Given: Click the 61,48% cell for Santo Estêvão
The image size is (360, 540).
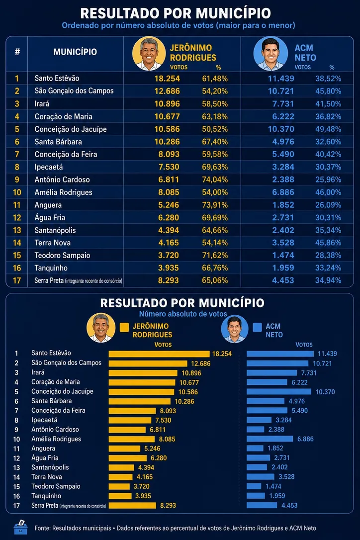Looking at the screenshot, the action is pyautogui.click(x=215, y=79).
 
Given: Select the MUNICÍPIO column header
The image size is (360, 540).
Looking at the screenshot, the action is pyautogui.click(x=75, y=52).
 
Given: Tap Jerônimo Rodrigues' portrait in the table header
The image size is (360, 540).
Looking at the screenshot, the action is pyautogui.click(x=149, y=54).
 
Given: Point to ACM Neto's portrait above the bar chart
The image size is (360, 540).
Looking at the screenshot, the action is pyautogui.click(x=235, y=329).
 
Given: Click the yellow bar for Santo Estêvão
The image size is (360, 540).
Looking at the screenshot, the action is pyautogui.click(x=159, y=354).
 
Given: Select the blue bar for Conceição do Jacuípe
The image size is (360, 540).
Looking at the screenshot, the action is pyautogui.click(x=279, y=391).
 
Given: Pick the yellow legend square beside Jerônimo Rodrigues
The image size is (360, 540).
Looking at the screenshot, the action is pyautogui.click(x=124, y=327).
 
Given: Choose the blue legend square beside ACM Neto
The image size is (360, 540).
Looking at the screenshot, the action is pyautogui.click(x=258, y=327).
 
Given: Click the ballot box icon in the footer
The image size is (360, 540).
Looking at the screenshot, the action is pyautogui.click(x=21, y=527).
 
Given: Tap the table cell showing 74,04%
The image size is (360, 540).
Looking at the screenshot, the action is pyautogui.click(x=215, y=180).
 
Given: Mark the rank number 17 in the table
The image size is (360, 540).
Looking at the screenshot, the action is pyautogui.click(x=17, y=280).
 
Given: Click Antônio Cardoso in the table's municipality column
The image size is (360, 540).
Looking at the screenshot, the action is pyautogui.click(x=62, y=180).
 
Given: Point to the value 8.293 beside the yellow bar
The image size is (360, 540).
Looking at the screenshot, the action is pyautogui.click(x=168, y=506).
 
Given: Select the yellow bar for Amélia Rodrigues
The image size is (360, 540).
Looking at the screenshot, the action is pyautogui.click(x=132, y=439).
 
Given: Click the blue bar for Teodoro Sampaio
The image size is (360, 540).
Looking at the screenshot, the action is pyautogui.click(x=254, y=486).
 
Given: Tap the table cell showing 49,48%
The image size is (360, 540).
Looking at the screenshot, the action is pyautogui.click(x=328, y=129).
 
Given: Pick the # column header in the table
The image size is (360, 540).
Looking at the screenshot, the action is pyautogui.click(x=17, y=52).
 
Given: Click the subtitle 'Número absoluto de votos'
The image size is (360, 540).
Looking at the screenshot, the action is pyautogui.click(x=183, y=314).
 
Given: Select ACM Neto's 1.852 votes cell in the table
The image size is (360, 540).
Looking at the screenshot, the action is pyautogui.click(x=283, y=205).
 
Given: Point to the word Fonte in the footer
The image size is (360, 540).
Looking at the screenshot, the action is pyautogui.click(x=42, y=528).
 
